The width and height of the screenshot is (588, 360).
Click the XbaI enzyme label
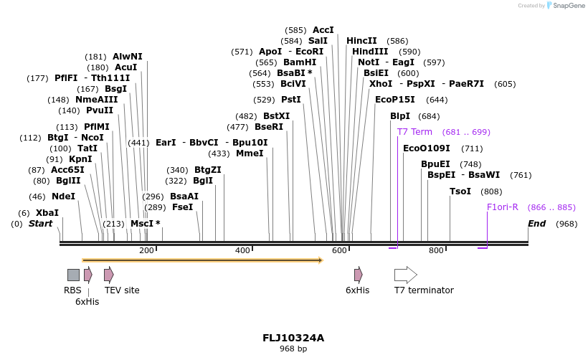click(47, 213)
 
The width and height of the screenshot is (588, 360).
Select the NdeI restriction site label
click(63, 196)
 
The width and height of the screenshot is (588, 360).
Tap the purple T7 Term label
click(414, 132)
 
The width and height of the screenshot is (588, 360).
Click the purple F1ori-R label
click(503, 207)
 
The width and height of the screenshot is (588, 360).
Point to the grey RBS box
click(73, 275)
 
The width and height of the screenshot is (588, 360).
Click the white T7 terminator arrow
click(405, 275)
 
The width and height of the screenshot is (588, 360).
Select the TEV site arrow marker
click(108, 275)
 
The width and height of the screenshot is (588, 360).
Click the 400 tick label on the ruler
click(242, 250)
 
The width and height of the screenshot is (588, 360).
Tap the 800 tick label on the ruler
click(436, 250)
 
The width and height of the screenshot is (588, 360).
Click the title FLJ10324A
click(293, 338)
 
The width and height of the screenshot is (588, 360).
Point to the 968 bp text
click(293, 349)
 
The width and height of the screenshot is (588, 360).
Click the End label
click(536, 224)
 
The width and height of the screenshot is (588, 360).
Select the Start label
click(40, 224)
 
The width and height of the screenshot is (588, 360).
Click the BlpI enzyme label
click(400, 116)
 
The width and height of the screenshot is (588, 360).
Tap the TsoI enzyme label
click(460, 191)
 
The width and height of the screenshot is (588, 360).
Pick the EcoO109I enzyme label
click(427, 148)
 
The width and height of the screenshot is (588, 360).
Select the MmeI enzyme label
click(250, 153)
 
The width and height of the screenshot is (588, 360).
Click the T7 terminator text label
click(424, 290)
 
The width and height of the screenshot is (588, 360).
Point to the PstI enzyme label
click(290, 100)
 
